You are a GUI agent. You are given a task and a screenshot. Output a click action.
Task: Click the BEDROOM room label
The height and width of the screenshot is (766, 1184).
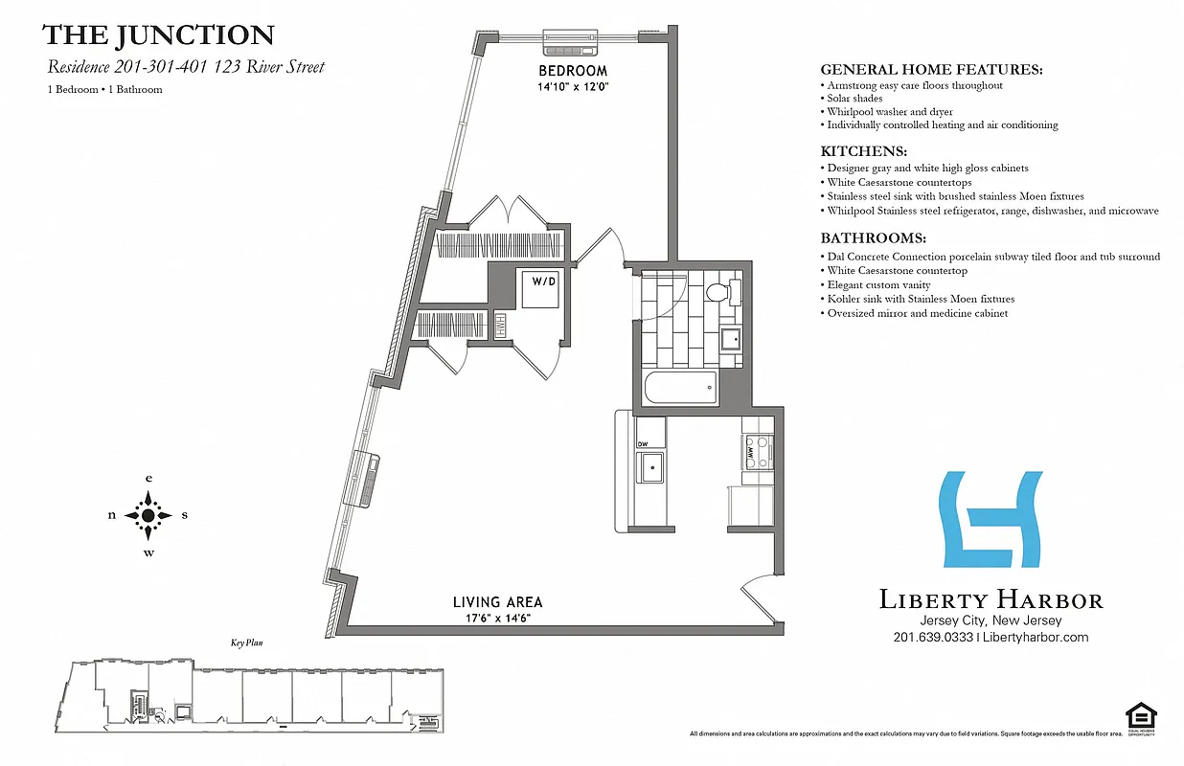(573, 71)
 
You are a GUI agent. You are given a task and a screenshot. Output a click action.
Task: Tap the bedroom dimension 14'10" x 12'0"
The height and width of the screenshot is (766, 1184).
(573, 86)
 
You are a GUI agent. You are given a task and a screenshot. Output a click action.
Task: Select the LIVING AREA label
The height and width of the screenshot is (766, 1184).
(497, 602)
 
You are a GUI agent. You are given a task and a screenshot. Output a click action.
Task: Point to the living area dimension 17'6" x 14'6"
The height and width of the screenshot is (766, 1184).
(497, 619)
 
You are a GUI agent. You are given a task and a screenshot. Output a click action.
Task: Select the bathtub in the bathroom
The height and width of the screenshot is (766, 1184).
(680, 389)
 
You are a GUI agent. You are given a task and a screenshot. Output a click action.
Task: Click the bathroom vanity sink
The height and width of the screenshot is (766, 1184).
(730, 338)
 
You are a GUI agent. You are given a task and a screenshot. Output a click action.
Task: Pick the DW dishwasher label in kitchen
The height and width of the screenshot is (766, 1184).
(644, 443)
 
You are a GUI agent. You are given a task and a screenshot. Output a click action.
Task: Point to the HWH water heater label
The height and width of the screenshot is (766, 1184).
(500, 327)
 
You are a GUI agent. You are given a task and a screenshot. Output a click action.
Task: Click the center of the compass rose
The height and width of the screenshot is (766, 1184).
(148, 515)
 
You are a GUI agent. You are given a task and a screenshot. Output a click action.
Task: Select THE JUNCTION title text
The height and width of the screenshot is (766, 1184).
(158, 36)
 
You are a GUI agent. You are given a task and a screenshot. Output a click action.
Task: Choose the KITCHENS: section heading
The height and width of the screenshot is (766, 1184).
(862, 151)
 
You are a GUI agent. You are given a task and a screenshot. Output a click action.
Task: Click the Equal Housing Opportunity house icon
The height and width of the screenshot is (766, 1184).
(1140, 714)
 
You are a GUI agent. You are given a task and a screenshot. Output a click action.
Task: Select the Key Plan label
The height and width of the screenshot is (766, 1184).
(246, 644)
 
